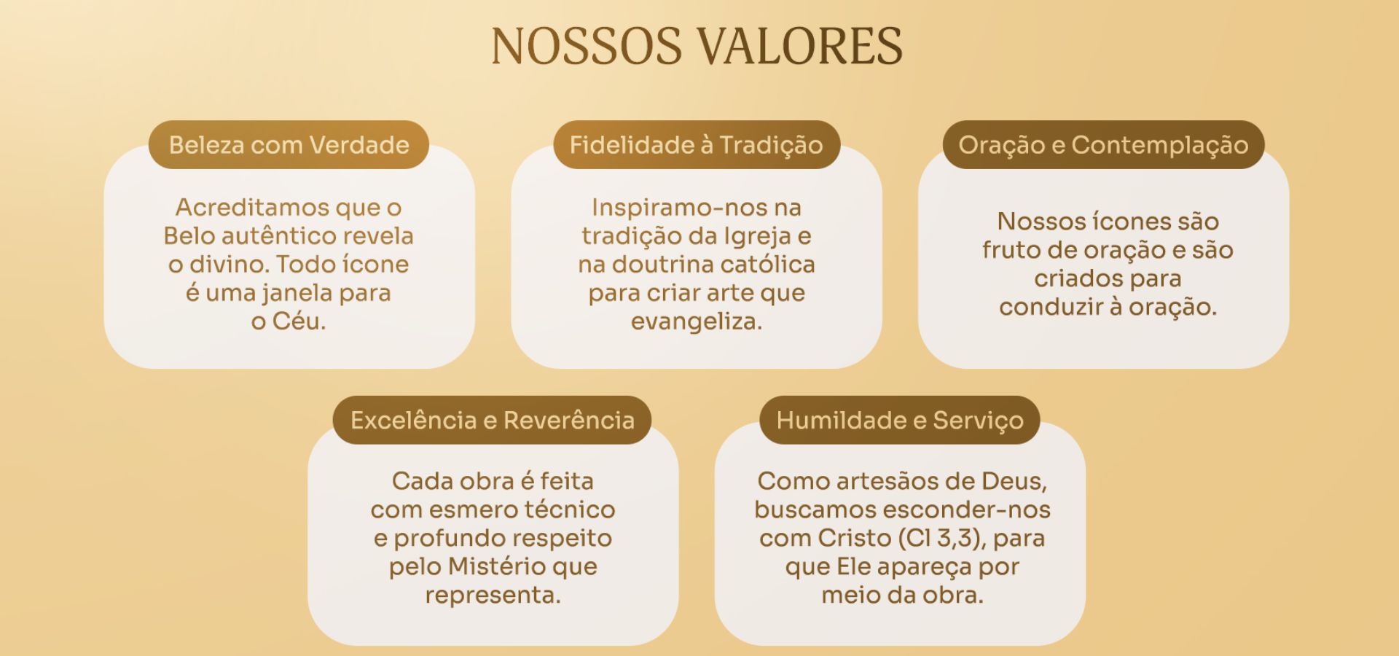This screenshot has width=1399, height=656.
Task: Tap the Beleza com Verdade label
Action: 289,144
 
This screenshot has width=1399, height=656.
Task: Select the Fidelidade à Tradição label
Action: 697,144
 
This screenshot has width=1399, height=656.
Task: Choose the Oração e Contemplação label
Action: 1103,144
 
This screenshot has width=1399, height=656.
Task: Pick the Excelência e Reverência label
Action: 492,420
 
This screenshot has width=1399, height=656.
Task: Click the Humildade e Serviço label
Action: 900,420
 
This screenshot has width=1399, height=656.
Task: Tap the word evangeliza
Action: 697,321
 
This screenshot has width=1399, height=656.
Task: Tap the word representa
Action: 493,596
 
